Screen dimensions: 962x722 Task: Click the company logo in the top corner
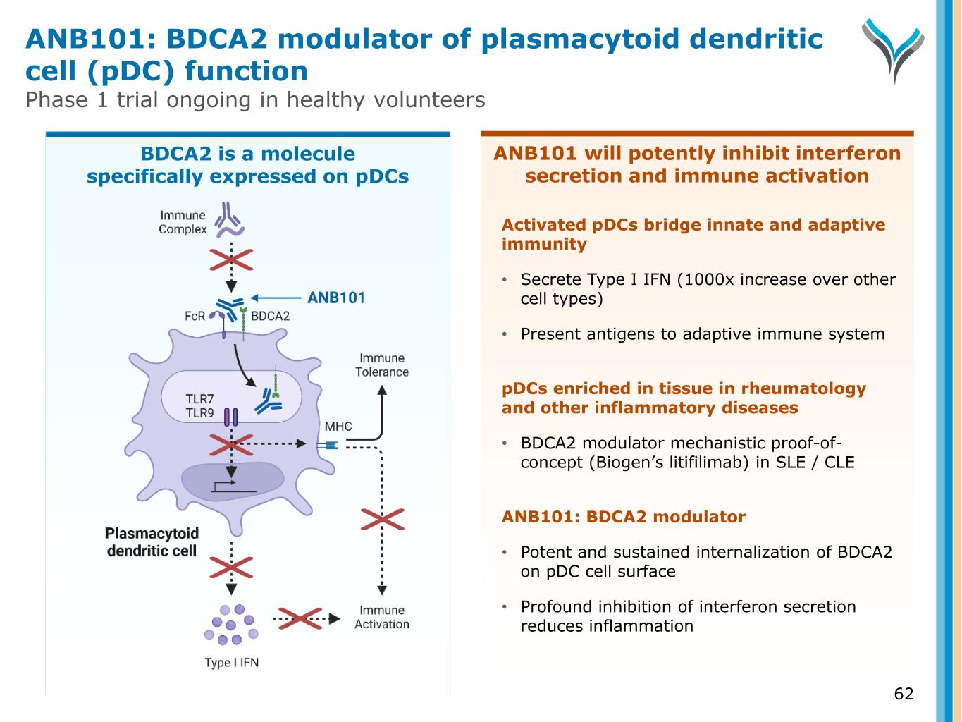tap(893, 50)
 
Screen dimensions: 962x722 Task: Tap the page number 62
tap(904, 694)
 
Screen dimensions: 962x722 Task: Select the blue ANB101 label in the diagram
tap(336, 298)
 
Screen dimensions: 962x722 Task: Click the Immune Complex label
tap(183, 222)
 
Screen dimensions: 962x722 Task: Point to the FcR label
tap(195, 316)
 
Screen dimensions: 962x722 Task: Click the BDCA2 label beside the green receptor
tap(271, 316)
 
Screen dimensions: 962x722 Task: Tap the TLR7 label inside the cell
tap(199, 399)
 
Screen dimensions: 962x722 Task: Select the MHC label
tap(338, 426)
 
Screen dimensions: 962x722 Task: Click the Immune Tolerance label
tap(382, 365)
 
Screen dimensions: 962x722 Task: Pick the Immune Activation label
tap(382, 617)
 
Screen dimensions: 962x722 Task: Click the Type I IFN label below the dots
tap(231, 662)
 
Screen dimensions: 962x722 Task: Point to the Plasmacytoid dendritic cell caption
tap(152, 541)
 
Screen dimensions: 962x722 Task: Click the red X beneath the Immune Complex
tap(231, 260)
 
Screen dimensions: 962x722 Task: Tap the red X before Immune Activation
tap(301, 618)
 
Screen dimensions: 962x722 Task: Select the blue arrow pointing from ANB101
tap(276, 298)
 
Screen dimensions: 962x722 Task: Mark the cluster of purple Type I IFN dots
tap(231, 625)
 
